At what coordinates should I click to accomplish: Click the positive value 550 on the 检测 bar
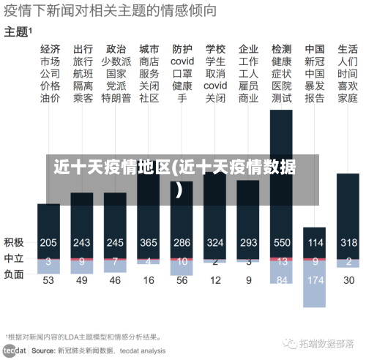tap(282, 242)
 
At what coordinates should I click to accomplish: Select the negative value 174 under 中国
tap(315, 280)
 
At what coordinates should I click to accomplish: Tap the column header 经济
tap(50, 49)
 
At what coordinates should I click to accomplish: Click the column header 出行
tap(83, 49)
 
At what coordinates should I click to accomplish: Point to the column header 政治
tap(116, 49)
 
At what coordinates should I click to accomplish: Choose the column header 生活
tap(348, 49)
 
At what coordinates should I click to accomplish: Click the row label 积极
tap(14, 242)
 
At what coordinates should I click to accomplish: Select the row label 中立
tap(14, 258)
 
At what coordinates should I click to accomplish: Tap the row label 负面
tap(14, 274)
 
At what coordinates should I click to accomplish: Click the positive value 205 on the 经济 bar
tap(48, 242)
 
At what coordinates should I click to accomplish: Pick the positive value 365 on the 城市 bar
tap(149, 242)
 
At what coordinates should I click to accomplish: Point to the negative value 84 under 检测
tap(282, 280)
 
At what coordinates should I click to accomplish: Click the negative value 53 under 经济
tap(48, 280)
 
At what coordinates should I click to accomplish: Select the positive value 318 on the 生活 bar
tap(348, 242)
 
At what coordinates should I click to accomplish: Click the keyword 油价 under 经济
tap(50, 98)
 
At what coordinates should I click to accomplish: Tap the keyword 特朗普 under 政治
tap(116, 98)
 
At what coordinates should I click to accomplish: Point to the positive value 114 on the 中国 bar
tap(315, 242)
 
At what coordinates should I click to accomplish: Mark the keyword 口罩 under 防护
tap(182, 74)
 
